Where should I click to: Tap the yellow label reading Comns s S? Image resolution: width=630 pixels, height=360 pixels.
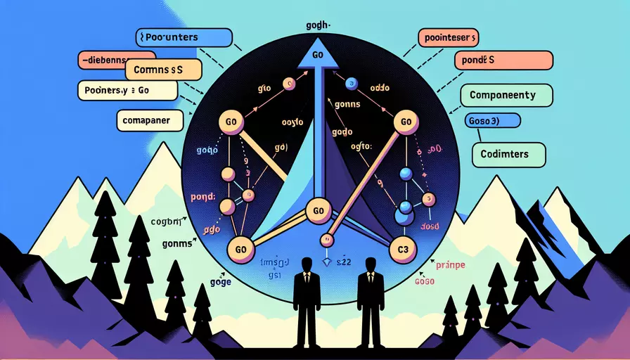pyautogui.click(x=163, y=70)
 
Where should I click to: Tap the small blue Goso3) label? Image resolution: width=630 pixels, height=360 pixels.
pyautogui.click(x=492, y=120)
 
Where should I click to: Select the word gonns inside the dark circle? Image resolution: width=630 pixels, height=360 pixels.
pyautogui.click(x=347, y=104)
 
